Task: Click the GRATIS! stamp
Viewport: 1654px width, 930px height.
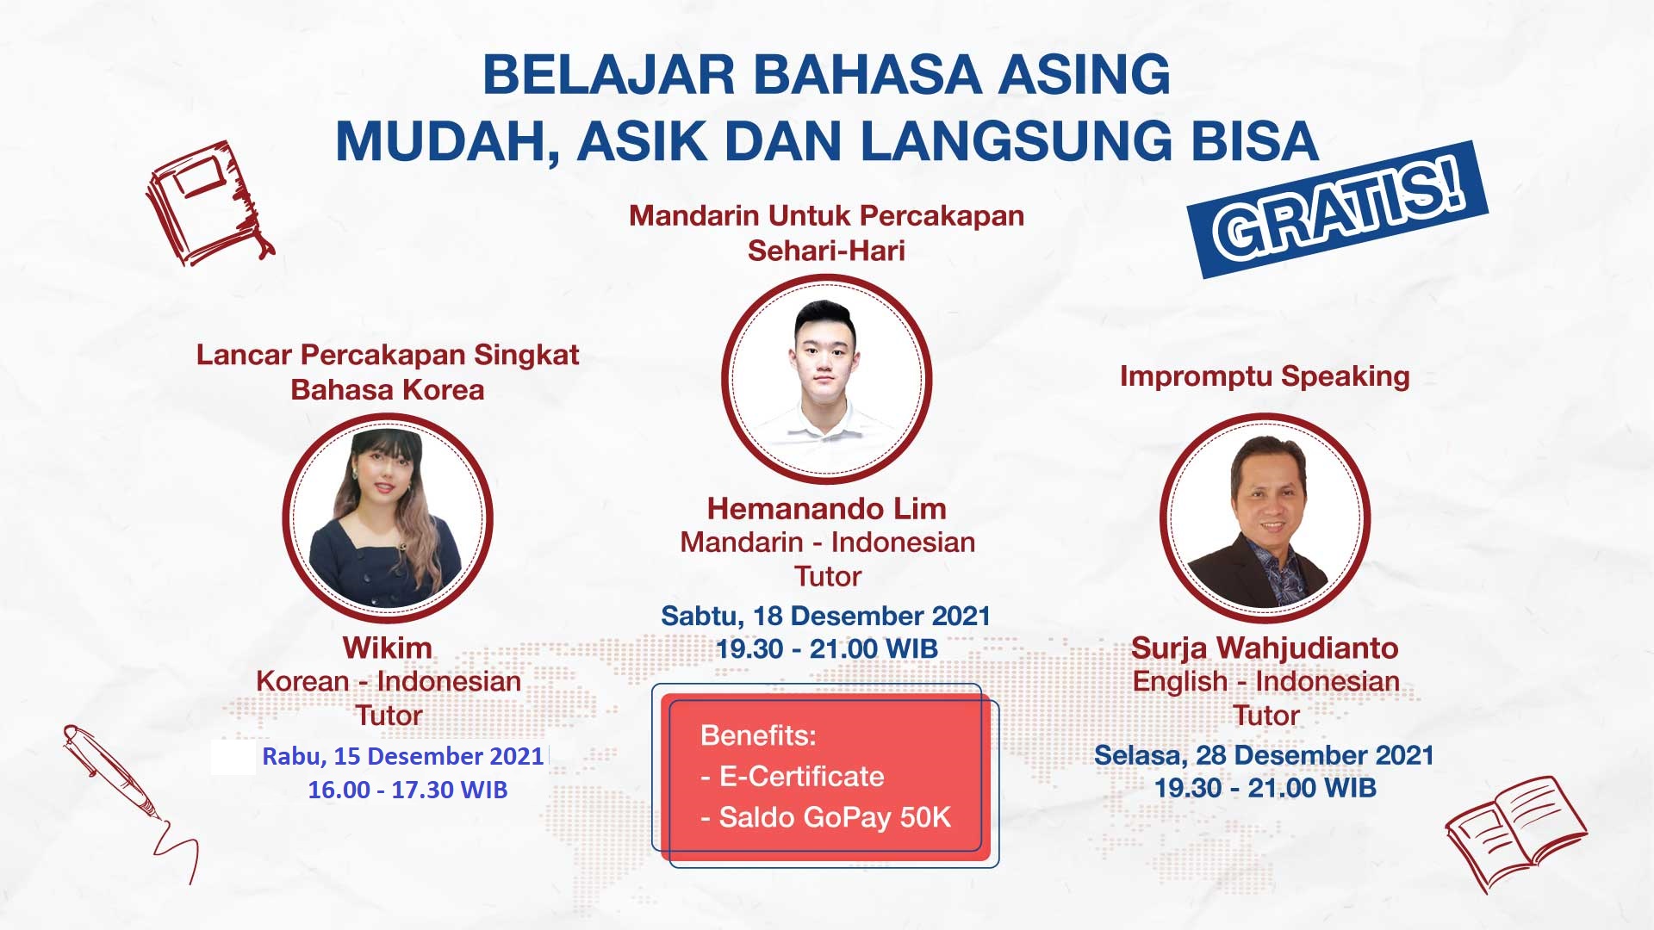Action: [1338, 209]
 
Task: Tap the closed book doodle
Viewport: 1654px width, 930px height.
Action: [209, 203]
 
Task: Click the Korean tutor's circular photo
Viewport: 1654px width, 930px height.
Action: [388, 518]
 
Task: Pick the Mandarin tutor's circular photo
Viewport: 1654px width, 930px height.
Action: [827, 379]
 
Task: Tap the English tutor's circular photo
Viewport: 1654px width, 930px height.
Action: [1265, 518]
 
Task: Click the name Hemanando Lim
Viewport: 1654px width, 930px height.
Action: [827, 509]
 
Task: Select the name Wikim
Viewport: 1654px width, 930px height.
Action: [388, 648]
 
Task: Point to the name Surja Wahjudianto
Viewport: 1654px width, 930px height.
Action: [1265, 648]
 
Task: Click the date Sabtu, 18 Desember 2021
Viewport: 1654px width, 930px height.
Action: [826, 616]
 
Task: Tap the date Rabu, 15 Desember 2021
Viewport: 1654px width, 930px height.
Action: [403, 756]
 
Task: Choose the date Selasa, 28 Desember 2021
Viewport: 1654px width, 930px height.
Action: [1265, 755]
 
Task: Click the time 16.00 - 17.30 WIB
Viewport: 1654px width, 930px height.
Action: [407, 790]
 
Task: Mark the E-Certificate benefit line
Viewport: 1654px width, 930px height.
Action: [793, 777]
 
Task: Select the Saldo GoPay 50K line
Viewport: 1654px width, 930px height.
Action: [826, 817]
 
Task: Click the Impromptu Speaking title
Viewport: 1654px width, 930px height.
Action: [1265, 376]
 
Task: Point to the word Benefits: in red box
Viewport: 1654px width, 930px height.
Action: [759, 735]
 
